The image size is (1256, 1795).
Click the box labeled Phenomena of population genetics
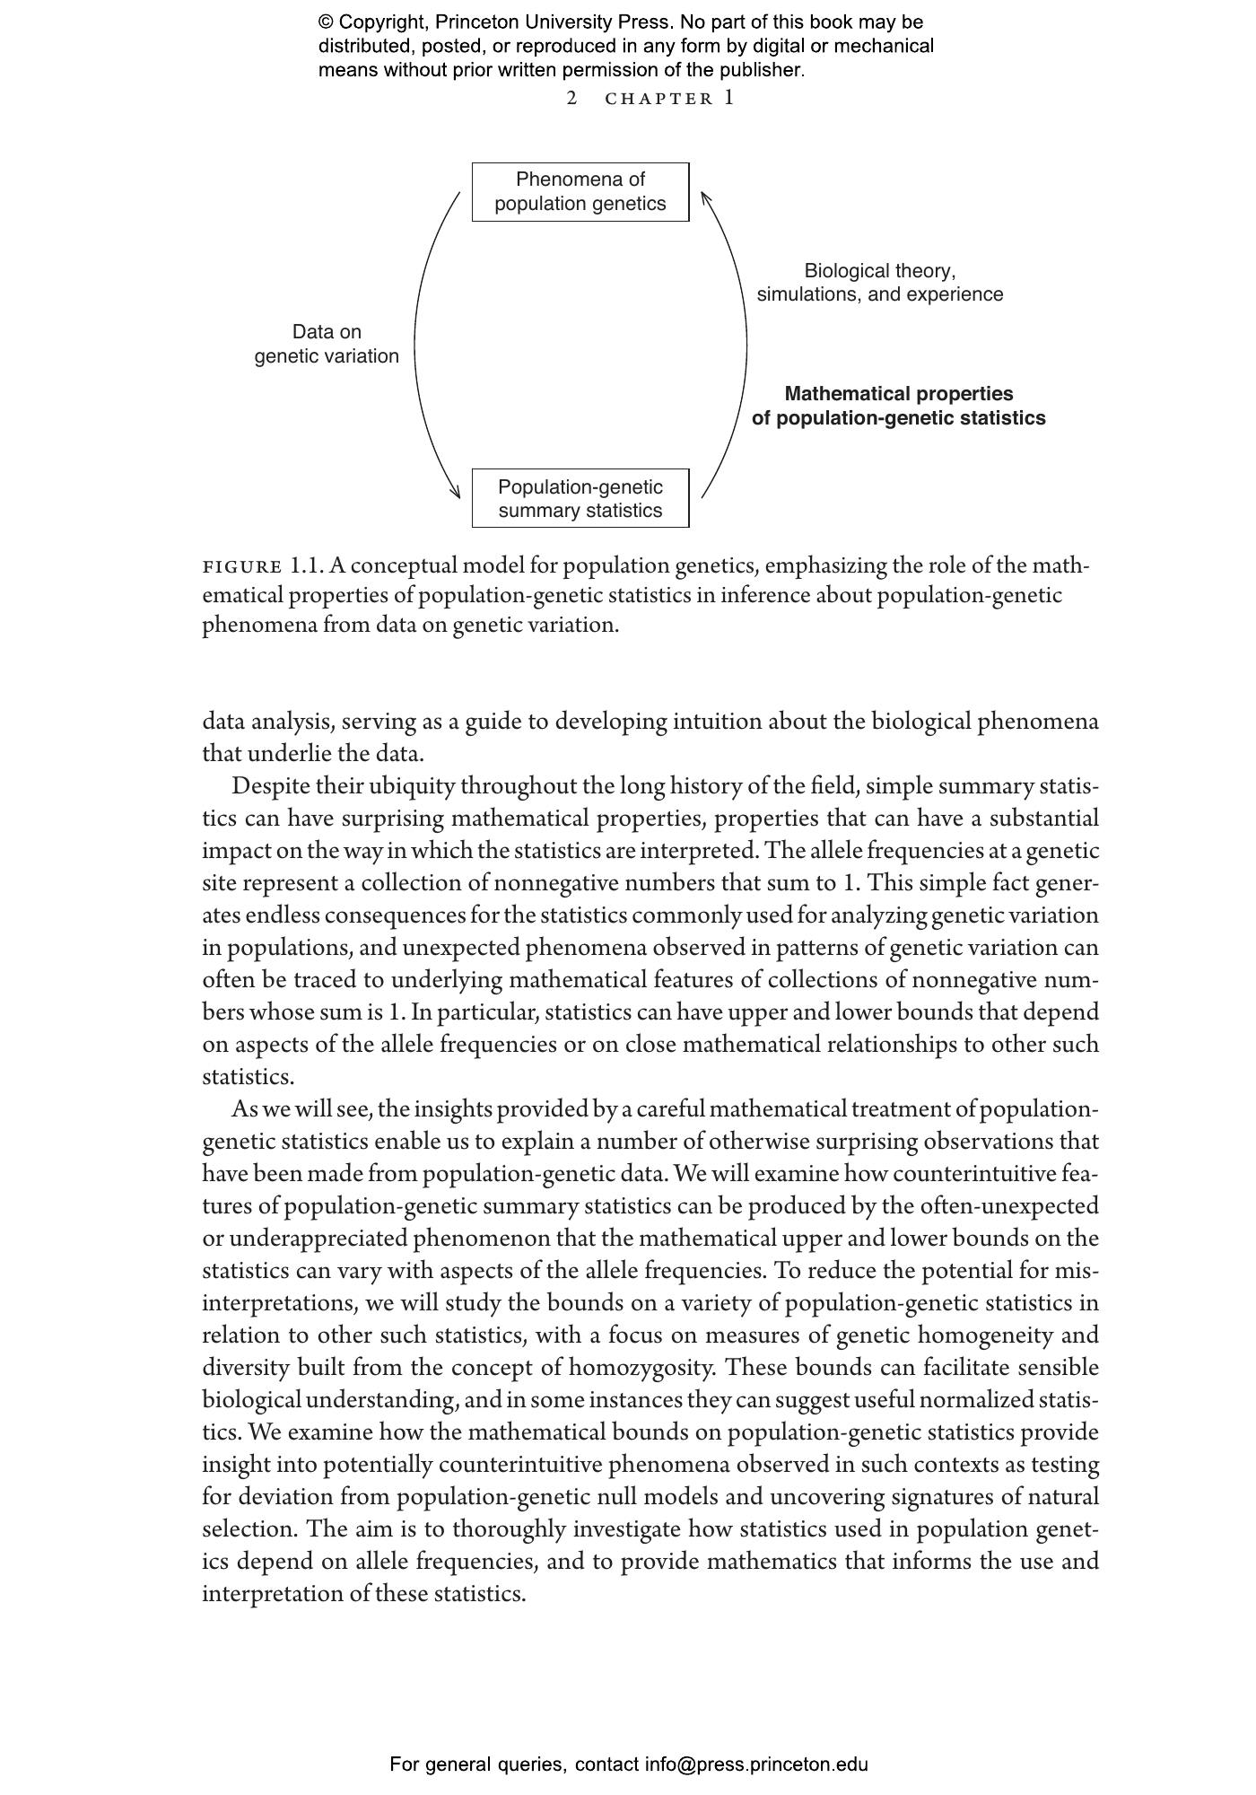[580, 192]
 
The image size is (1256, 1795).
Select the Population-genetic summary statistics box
[580, 498]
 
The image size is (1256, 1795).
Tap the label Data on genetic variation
[327, 345]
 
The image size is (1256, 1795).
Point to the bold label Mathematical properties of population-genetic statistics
[898, 406]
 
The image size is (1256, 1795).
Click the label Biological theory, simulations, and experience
[879, 283]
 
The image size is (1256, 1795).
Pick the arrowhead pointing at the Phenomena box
[706, 197]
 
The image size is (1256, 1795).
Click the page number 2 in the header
[572, 99]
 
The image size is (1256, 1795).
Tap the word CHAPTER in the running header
[659, 100]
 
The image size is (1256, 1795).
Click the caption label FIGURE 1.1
[262, 567]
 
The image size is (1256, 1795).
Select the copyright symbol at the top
[326, 22]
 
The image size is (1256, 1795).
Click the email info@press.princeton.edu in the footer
[756, 1764]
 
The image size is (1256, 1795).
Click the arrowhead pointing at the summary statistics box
[455, 493]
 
